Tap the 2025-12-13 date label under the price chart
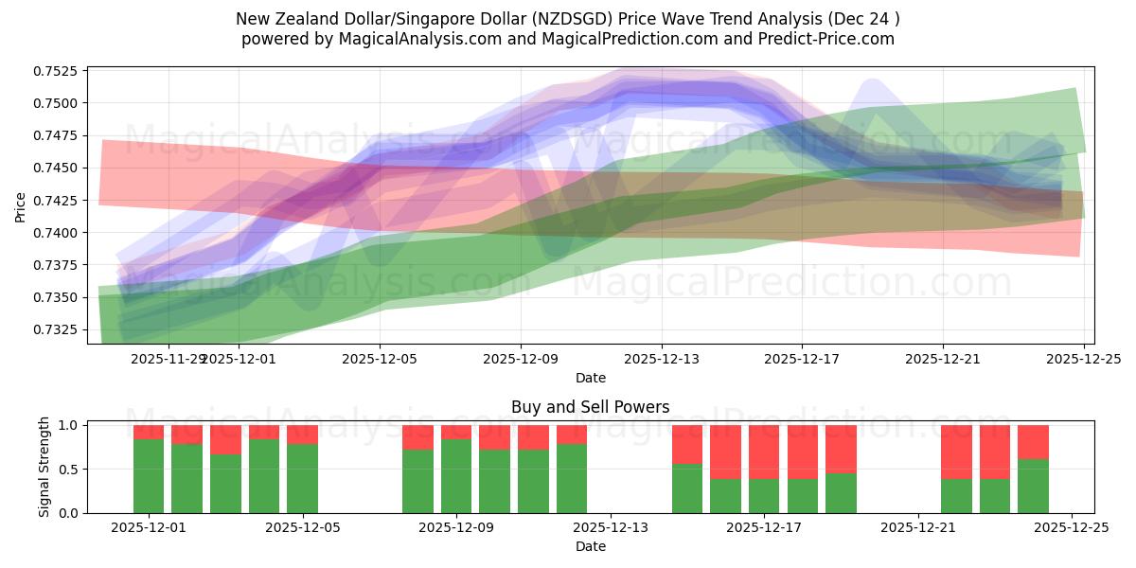(x=661, y=359)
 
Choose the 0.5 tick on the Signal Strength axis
(x=70, y=470)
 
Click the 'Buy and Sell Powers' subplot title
(x=590, y=407)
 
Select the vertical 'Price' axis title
(x=21, y=207)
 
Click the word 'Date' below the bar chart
(x=590, y=546)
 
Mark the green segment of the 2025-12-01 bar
(x=149, y=476)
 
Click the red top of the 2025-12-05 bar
(x=302, y=435)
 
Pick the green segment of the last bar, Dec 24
(x=1033, y=486)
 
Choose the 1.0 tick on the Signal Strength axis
(x=70, y=425)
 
